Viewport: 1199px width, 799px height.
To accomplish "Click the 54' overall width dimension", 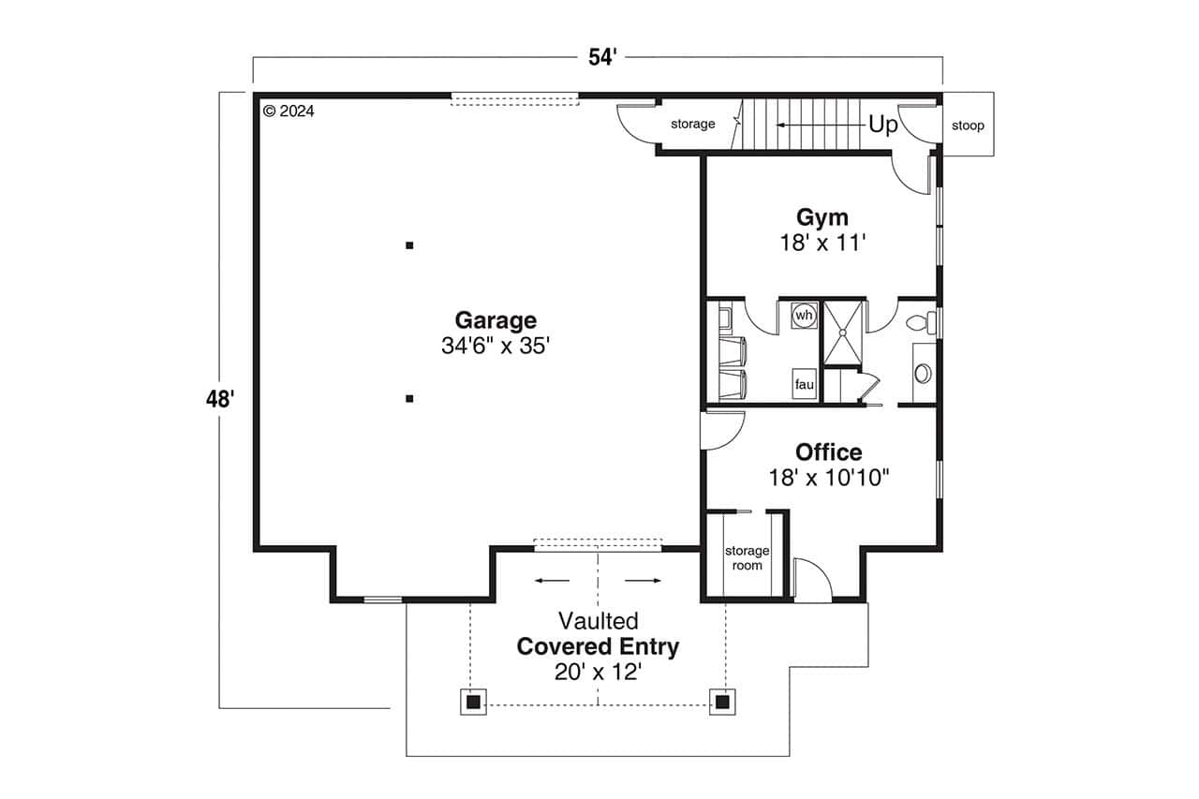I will (x=602, y=57).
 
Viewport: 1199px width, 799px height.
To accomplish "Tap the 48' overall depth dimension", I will (x=219, y=400).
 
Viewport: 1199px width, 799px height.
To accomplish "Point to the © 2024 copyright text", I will (x=289, y=111).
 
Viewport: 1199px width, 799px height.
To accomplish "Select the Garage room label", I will (x=496, y=319).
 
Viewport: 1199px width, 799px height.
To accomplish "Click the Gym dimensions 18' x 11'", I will (x=822, y=243).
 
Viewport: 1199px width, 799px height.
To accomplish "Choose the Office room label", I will (x=828, y=452).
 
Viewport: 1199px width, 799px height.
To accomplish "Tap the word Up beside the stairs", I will (x=882, y=125).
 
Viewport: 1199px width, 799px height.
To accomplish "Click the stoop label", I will (x=968, y=126).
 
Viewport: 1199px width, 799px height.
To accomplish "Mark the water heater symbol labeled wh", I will (x=804, y=316).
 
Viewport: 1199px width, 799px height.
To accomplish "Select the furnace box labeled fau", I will (x=804, y=384).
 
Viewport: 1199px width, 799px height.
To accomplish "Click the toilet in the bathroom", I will (x=920, y=323).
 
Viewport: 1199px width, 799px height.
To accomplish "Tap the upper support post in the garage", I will (x=409, y=245).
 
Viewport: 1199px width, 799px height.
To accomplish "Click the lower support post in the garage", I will (x=409, y=399).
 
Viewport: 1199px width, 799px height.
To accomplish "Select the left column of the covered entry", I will (x=473, y=702).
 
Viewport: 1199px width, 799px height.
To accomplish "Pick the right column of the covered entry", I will (x=721, y=702).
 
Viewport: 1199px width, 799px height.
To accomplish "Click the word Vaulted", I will (x=598, y=620).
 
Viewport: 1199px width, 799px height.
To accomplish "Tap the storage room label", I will (x=747, y=558).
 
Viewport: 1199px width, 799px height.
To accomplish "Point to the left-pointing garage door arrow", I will (x=552, y=581).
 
